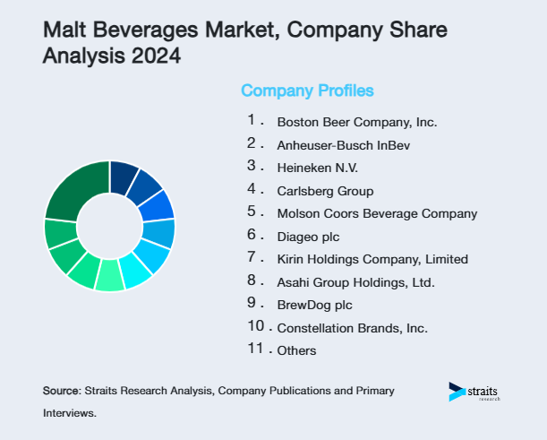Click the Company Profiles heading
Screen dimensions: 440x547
click(307, 91)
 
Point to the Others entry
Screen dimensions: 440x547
click(296, 350)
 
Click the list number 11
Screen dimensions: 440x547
click(256, 349)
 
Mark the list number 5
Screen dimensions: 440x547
click(252, 212)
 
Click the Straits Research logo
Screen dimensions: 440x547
click(475, 393)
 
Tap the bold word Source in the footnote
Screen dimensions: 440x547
click(61, 392)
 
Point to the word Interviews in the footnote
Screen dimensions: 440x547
click(68, 413)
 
